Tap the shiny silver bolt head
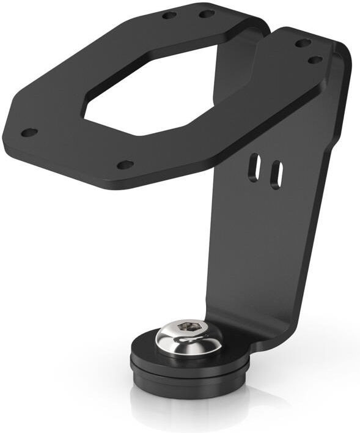point(188,338)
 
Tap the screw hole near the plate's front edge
point(125,165)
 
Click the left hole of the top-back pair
point(169,15)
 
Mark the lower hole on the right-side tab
point(315,60)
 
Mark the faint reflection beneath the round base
point(189,410)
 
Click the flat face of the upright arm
point(269,245)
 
